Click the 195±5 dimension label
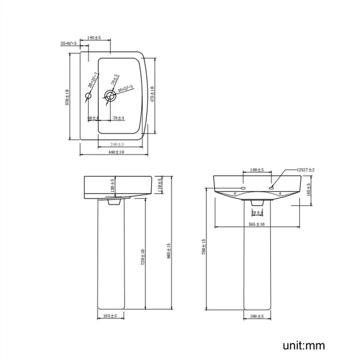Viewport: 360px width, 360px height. [x=94, y=38]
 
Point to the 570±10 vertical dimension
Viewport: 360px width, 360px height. [x=67, y=97]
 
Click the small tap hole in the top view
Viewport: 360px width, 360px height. [x=88, y=96]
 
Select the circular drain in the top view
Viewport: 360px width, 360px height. [x=110, y=96]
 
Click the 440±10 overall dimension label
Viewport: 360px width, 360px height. [x=115, y=152]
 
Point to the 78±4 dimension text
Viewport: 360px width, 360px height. [x=118, y=118]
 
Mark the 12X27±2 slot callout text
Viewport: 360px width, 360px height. [x=305, y=170]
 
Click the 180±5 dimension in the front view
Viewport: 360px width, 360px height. [x=257, y=170]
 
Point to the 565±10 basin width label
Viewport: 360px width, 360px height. [x=257, y=224]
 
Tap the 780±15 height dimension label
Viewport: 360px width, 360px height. [x=204, y=247]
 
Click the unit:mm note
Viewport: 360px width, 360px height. [x=304, y=346]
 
